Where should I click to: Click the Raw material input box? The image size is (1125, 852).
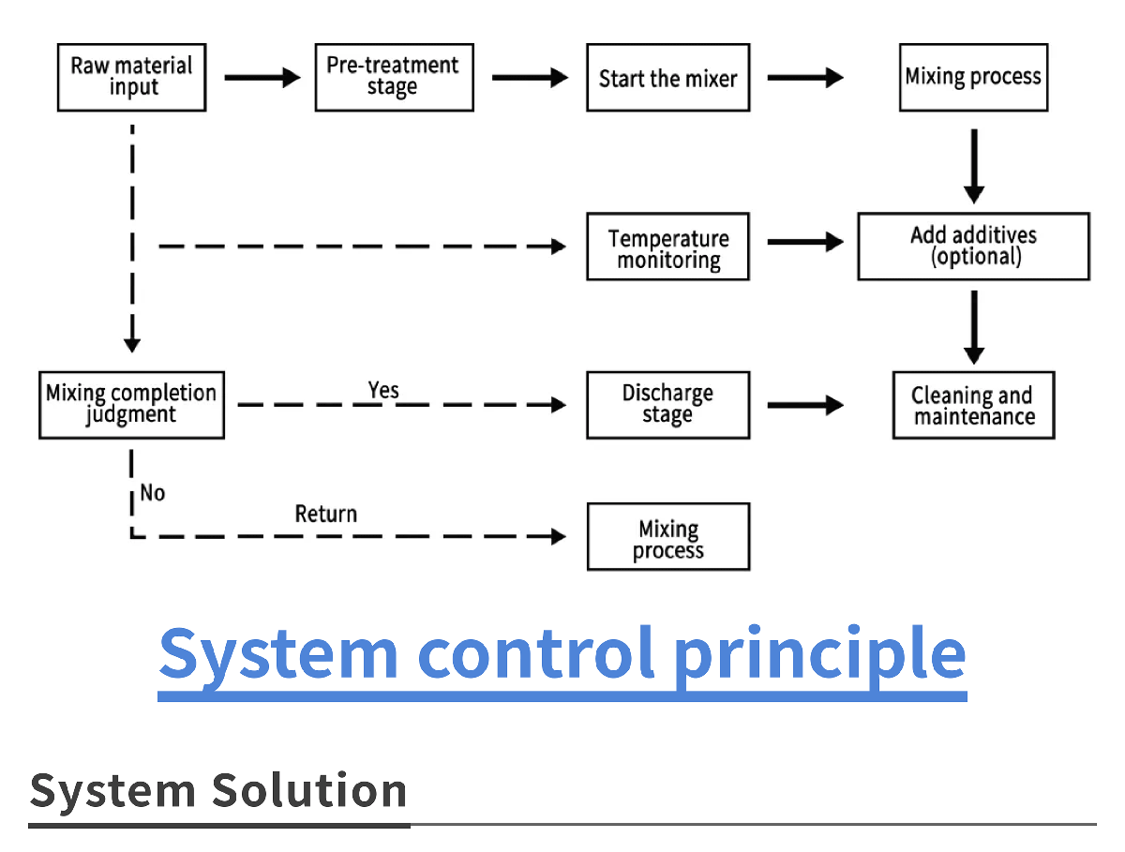pos(132,78)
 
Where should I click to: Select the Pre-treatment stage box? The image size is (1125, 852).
pos(394,78)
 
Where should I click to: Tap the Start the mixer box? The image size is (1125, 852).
pos(667,78)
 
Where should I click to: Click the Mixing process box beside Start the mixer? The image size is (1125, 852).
pos(973,78)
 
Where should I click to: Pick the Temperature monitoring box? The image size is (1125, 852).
pos(667,247)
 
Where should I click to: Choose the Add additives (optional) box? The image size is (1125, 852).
pos(973,247)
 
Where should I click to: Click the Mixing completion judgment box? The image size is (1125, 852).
pos(132,405)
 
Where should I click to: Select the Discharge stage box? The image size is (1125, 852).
pos(667,405)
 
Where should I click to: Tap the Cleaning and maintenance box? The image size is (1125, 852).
pos(973,405)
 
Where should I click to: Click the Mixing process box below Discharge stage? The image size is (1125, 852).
pos(668,536)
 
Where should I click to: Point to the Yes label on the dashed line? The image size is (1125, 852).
pos(382,391)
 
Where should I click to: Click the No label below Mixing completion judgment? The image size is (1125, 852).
pos(152,493)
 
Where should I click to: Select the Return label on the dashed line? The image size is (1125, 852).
pos(326,514)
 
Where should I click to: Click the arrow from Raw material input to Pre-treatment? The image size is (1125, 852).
pos(262,78)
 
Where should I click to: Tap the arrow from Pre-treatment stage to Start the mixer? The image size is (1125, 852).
pos(530,78)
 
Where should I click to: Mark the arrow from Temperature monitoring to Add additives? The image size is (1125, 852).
pos(805,242)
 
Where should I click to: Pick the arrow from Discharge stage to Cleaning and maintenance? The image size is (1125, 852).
pos(805,405)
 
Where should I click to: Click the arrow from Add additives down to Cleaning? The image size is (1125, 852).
pos(974,327)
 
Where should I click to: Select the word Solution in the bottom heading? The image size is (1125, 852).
pos(309,790)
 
